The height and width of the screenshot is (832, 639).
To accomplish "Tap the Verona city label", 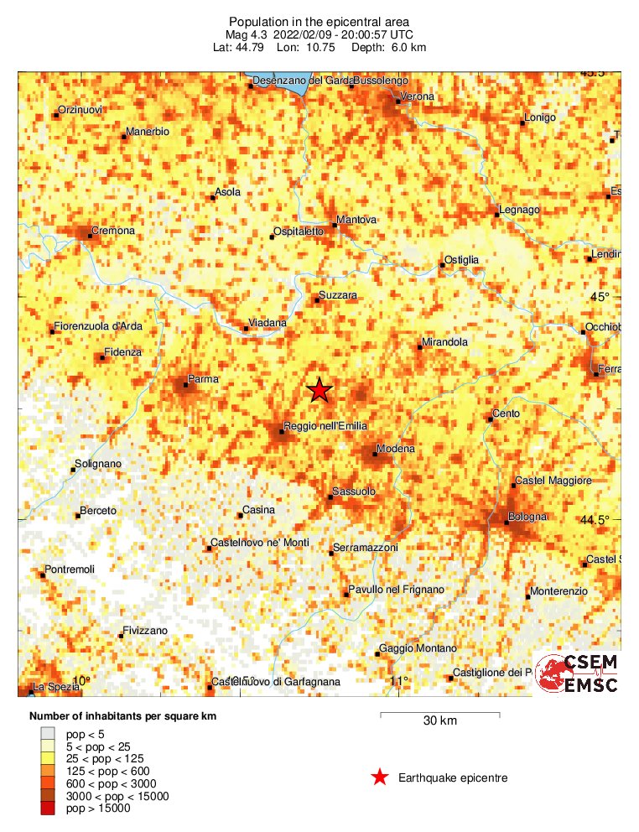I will click(417, 97).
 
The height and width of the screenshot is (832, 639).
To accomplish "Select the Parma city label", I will click(203, 380).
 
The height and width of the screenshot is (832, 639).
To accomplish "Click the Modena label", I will click(395, 450).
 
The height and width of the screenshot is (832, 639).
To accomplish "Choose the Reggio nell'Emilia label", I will click(325, 427).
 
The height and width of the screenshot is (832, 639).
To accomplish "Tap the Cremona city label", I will click(113, 231).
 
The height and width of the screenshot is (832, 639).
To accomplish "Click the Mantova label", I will click(356, 220).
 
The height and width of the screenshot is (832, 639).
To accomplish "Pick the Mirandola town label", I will click(444, 342).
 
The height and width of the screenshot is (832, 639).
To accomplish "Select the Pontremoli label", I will click(70, 569).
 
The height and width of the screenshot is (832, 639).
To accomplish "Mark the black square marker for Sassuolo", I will click(330, 497).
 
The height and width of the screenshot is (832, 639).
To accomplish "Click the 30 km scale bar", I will click(440, 715).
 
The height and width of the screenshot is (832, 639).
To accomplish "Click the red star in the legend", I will click(380, 777).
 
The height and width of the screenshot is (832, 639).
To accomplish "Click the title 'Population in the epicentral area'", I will click(319, 21).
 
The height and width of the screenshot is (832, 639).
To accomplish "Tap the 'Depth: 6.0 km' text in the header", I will click(392, 48).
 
